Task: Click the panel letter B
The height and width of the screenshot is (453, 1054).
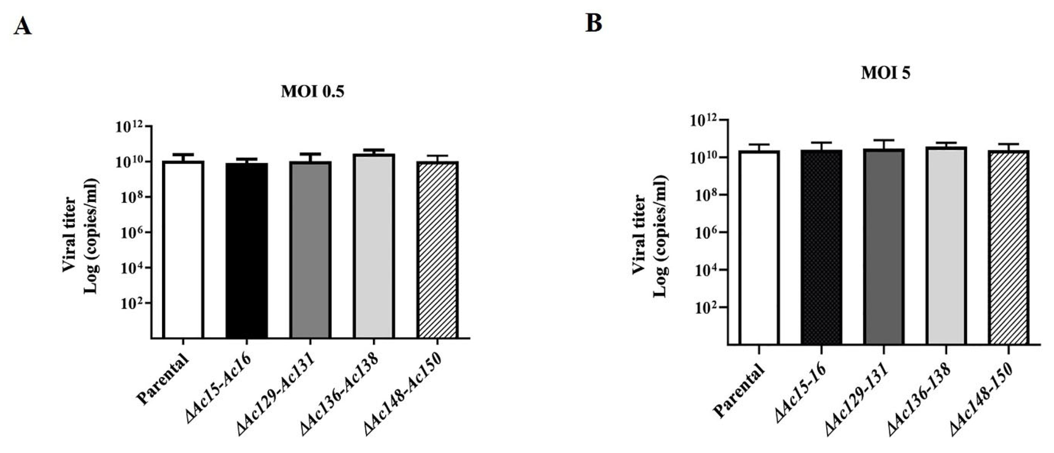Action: (594, 23)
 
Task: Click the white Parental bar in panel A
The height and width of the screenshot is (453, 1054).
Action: (183, 250)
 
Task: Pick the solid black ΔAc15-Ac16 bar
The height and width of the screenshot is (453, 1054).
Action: (247, 250)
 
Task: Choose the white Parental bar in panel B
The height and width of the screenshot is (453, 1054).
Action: (758, 248)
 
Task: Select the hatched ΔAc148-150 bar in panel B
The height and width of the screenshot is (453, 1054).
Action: (1008, 248)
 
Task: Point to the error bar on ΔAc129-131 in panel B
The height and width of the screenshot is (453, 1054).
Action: (884, 144)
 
